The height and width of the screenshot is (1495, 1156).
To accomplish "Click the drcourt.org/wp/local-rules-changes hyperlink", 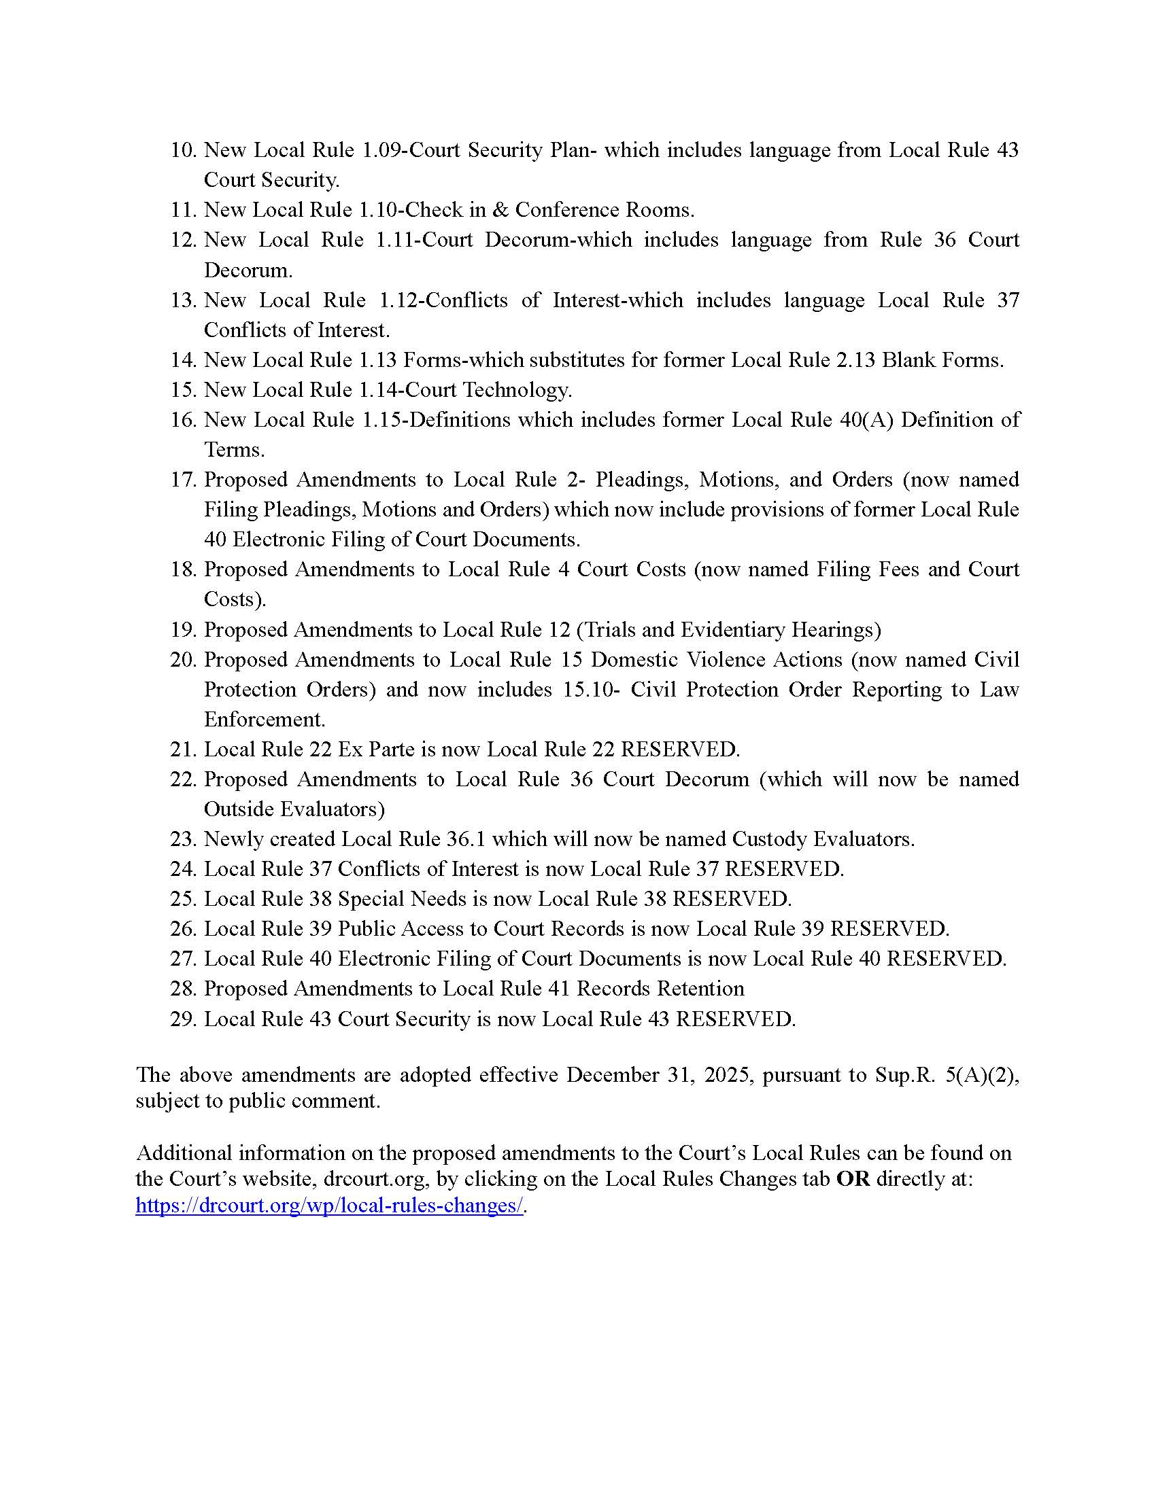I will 329,1206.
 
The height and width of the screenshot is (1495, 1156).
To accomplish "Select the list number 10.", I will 184,150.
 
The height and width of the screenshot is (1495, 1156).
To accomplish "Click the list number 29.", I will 184,1019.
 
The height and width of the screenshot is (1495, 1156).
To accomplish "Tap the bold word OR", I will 853,1179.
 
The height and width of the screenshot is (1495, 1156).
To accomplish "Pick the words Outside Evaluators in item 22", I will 294,809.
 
